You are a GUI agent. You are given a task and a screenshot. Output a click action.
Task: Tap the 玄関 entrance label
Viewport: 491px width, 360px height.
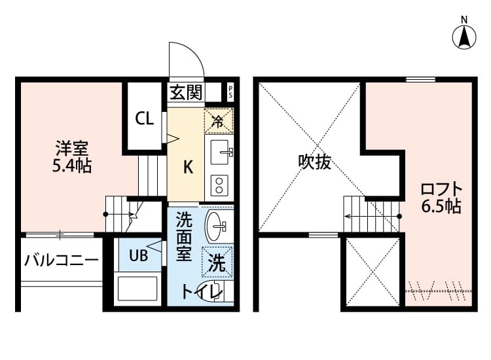pos(186,92)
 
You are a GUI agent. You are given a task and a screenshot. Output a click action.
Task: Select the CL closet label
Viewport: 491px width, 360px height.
pos(144,118)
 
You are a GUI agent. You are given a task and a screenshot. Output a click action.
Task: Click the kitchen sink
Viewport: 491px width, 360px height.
pos(221,153)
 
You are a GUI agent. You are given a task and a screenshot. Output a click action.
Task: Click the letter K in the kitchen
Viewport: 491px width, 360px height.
pos(187,168)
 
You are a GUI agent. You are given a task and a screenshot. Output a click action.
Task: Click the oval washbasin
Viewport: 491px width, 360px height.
pos(216,226)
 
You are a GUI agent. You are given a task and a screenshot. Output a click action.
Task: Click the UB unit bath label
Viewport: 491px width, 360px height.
pos(137,255)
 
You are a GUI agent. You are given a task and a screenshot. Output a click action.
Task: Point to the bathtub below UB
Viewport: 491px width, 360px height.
pos(137,287)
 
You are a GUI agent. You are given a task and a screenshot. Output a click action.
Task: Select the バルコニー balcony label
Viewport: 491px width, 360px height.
pos(62,261)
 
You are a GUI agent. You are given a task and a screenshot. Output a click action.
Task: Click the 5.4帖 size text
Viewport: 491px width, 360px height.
pos(72,166)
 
